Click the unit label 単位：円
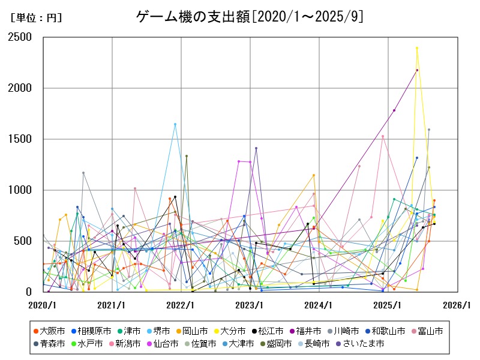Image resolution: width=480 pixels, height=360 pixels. tap(36, 18)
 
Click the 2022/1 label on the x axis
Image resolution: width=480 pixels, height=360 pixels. tap(181, 305)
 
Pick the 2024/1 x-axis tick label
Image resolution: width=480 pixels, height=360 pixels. tap(319, 305)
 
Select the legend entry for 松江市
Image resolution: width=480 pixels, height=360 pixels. tap(268, 331)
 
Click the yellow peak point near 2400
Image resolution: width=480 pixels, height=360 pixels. tap(416, 48)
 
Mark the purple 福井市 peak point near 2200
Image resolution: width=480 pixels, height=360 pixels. tap(417, 70)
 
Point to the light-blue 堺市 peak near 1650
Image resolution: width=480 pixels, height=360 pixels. tap(175, 124)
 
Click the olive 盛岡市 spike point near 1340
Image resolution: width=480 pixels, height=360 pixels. tap(187, 156)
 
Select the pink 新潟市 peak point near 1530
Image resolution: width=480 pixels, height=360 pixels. tap(383, 136)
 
